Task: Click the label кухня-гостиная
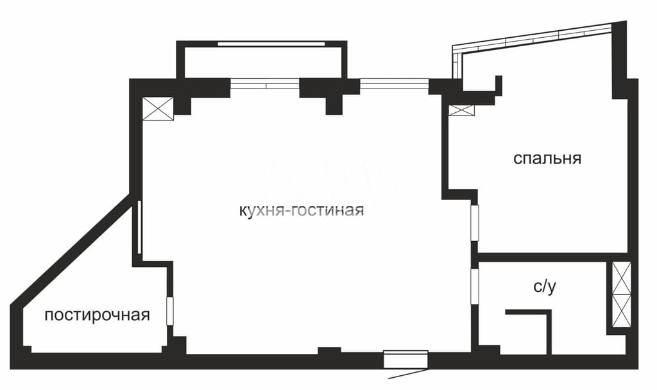pos(302,210)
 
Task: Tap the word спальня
pos(547,159)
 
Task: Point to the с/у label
pos(545,287)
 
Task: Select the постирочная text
pos(98,315)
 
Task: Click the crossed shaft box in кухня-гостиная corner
pos(158,109)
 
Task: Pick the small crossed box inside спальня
pos(462,110)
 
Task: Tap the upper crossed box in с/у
pos(621,278)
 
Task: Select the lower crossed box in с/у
pos(621,310)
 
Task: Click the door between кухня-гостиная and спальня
pos(474,223)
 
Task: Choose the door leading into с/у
pos(474,286)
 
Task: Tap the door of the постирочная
pos(169,311)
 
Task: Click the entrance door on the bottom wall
pos(405,359)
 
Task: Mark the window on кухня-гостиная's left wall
pos(139,227)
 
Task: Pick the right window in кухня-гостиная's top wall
pos(394,85)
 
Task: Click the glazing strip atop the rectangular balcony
pos(271,44)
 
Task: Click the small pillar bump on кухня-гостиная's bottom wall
pos(329,351)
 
